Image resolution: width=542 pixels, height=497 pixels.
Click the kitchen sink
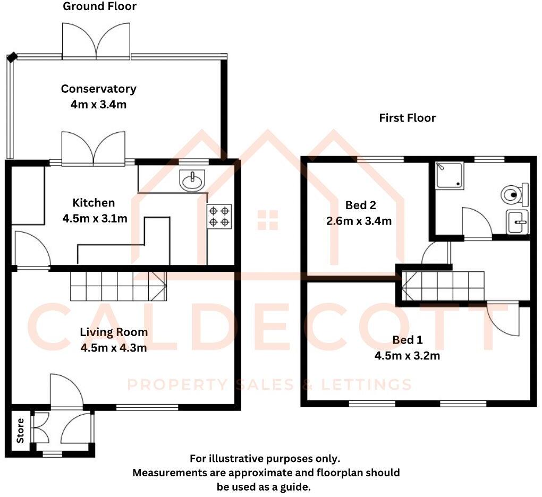pyautogui.click(x=191, y=181)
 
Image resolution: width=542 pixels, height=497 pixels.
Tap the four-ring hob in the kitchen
pyautogui.click(x=219, y=216)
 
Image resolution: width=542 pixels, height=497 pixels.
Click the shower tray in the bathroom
pyautogui.click(x=450, y=176)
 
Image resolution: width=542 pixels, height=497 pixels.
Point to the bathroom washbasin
pyautogui.click(x=518, y=222)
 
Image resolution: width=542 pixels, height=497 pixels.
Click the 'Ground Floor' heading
pyautogui.click(x=99, y=6)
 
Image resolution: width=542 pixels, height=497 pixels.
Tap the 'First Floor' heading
pyautogui.click(x=407, y=118)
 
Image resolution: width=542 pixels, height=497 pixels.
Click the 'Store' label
pyautogui.click(x=21, y=431)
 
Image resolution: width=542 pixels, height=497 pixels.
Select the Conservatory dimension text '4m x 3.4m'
pyautogui.click(x=98, y=104)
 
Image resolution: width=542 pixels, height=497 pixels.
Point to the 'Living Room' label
pyautogui.click(x=114, y=332)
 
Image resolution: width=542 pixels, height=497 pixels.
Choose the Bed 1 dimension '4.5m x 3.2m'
pyautogui.click(x=407, y=356)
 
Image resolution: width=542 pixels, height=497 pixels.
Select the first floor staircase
pyautogui.click(x=443, y=287)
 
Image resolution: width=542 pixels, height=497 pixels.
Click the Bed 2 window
pyautogui.click(x=380, y=159)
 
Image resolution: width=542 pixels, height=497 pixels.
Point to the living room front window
pyautogui.click(x=147, y=407)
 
